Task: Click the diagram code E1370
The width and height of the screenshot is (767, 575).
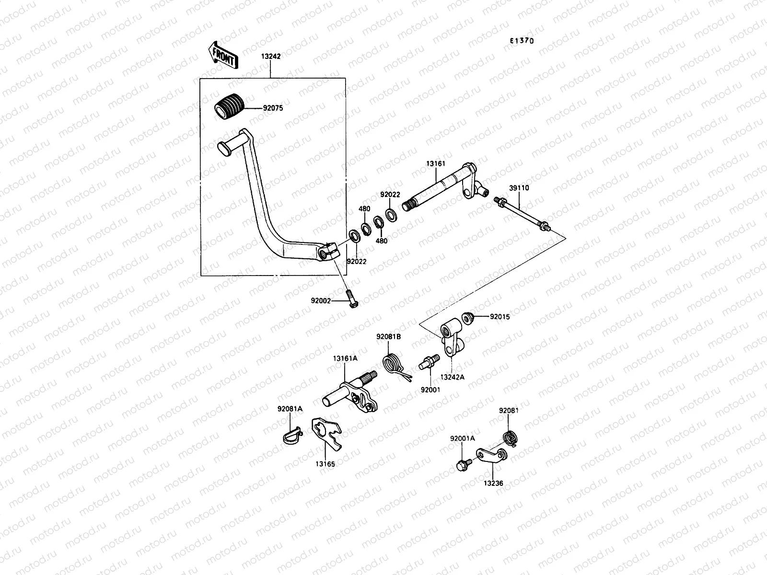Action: tap(522, 41)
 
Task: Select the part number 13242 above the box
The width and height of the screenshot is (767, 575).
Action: tap(271, 56)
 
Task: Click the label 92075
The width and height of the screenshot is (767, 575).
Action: tap(273, 108)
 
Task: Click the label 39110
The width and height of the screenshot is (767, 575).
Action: tap(519, 188)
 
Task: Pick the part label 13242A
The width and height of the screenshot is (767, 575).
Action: tap(452, 377)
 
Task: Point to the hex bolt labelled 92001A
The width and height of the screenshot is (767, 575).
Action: tap(464, 464)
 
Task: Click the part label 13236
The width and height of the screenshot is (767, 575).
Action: tap(494, 484)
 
